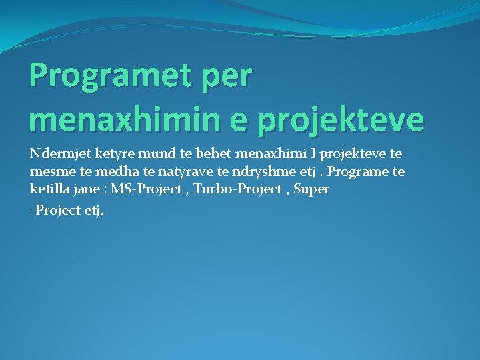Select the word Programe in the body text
358,172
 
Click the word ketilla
48,189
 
